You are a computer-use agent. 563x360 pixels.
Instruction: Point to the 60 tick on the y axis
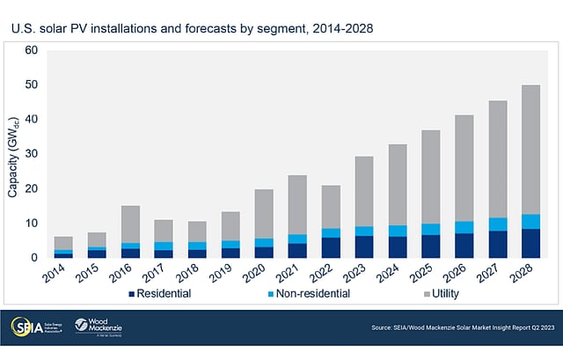point(31,50)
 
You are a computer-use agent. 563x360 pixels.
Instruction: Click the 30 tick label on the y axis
point(31,154)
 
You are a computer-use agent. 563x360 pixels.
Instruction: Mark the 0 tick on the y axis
point(33,258)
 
